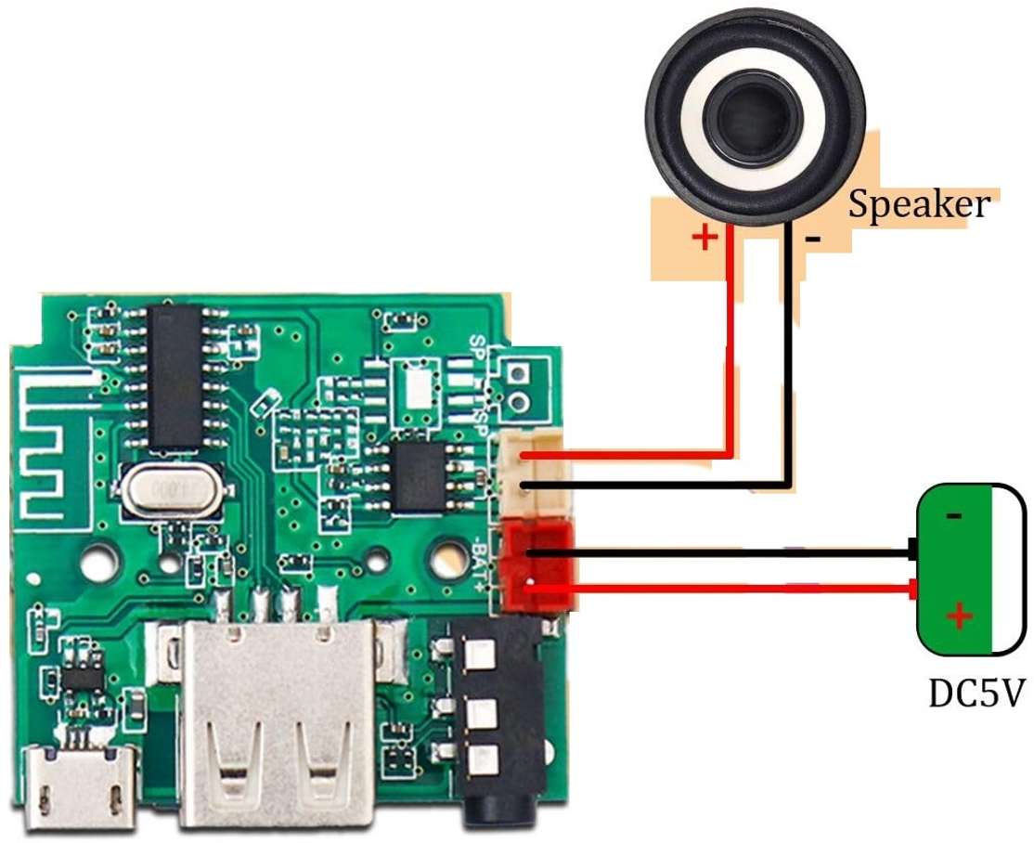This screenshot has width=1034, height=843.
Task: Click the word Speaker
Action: (919, 204)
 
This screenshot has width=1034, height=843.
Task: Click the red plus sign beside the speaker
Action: (705, 239)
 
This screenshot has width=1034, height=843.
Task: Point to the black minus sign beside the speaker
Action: (813, 239)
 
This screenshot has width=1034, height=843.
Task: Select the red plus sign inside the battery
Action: (960, 616)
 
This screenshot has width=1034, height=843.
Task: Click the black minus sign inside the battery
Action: (954, 515)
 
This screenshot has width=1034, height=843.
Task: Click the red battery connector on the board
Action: (536, 568)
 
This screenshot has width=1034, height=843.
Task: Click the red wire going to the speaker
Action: (730, 371)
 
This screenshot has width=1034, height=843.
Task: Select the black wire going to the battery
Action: (724, 553)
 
